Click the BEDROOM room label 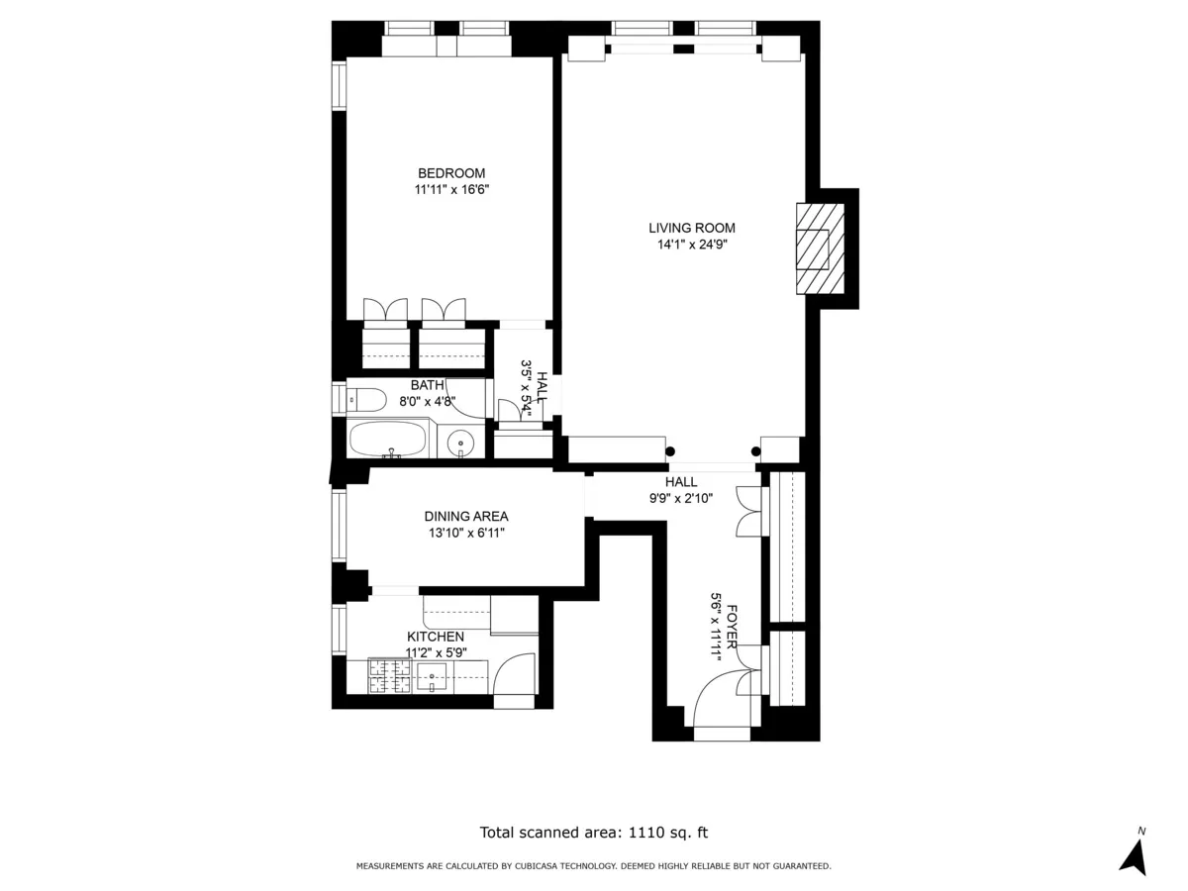(450, 173)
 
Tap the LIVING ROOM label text (692, 228)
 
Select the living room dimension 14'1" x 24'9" (692, 245)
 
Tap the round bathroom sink (459, 443)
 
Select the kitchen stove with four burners (390, 676)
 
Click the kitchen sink (433, 677)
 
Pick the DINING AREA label (465, 516)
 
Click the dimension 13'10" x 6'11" (465, 533)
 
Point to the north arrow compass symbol (1135, 852)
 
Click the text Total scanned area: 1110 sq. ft (594, 833)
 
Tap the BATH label (428, 385)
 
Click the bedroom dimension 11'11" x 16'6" (450, 189)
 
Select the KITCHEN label (436, 637)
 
